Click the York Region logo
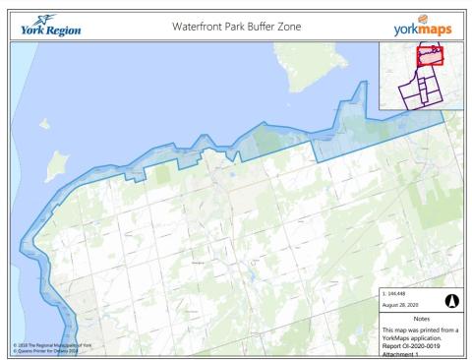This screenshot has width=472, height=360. (45, 24)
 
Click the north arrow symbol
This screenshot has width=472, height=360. (450, 301)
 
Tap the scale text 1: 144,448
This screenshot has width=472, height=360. (402, 294)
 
